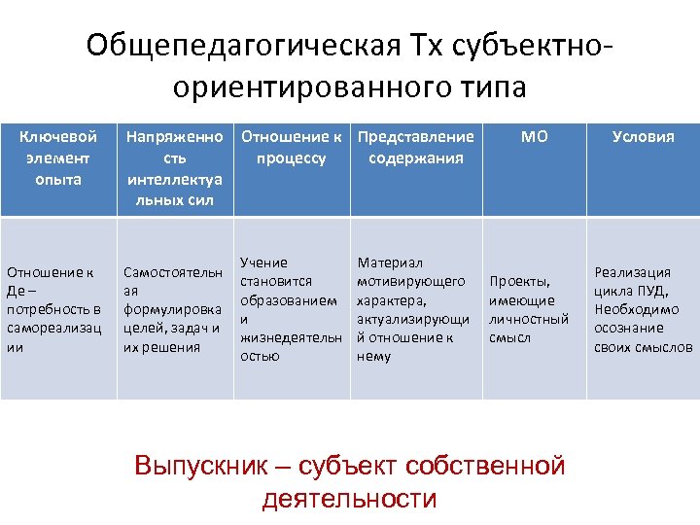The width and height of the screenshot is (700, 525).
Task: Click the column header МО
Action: coord(534,137)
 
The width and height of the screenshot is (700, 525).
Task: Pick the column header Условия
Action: coord(643,137)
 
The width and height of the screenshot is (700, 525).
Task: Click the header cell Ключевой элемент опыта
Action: coord(58,158)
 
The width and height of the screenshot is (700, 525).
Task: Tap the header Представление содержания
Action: coord(416,148)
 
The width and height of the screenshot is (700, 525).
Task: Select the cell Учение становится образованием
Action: coord(290,309)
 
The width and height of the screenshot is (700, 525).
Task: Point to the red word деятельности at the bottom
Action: coord(349,499)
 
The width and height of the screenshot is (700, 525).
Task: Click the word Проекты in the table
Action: coord(520,282)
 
